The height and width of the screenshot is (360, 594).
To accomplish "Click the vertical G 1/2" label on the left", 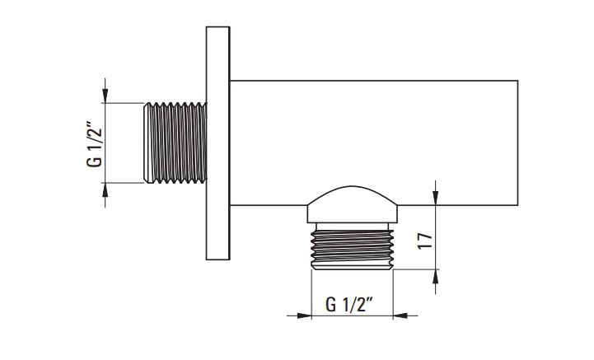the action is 94,144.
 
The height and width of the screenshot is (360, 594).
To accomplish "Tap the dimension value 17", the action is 425,241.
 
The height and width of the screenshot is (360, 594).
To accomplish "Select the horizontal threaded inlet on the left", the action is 175,143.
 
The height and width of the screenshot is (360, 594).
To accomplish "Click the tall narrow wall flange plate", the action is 217,143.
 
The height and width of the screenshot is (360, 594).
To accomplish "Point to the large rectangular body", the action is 374,143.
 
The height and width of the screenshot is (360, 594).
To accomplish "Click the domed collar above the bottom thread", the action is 352,204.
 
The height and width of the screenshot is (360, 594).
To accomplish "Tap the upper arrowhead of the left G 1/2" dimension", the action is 105,96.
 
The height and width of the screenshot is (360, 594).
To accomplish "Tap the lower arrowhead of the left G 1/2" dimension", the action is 105,189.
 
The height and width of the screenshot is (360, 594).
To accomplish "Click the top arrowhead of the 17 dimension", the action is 436,198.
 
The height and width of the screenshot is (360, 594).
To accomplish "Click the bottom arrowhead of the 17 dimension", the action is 436,277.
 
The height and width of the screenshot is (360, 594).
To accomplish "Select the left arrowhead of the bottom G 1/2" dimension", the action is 304,316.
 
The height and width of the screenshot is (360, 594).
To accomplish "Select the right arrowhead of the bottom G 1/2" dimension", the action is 400,316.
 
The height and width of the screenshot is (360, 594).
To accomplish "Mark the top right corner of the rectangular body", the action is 518,81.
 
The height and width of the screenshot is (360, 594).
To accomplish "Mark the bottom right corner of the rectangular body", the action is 518,205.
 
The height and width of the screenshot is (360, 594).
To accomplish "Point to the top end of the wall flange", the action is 217,26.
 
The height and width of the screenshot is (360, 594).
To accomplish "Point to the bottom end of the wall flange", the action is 217,259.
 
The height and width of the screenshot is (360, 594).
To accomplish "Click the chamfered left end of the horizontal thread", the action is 147,143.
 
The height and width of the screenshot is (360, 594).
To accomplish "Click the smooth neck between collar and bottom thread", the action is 352,227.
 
